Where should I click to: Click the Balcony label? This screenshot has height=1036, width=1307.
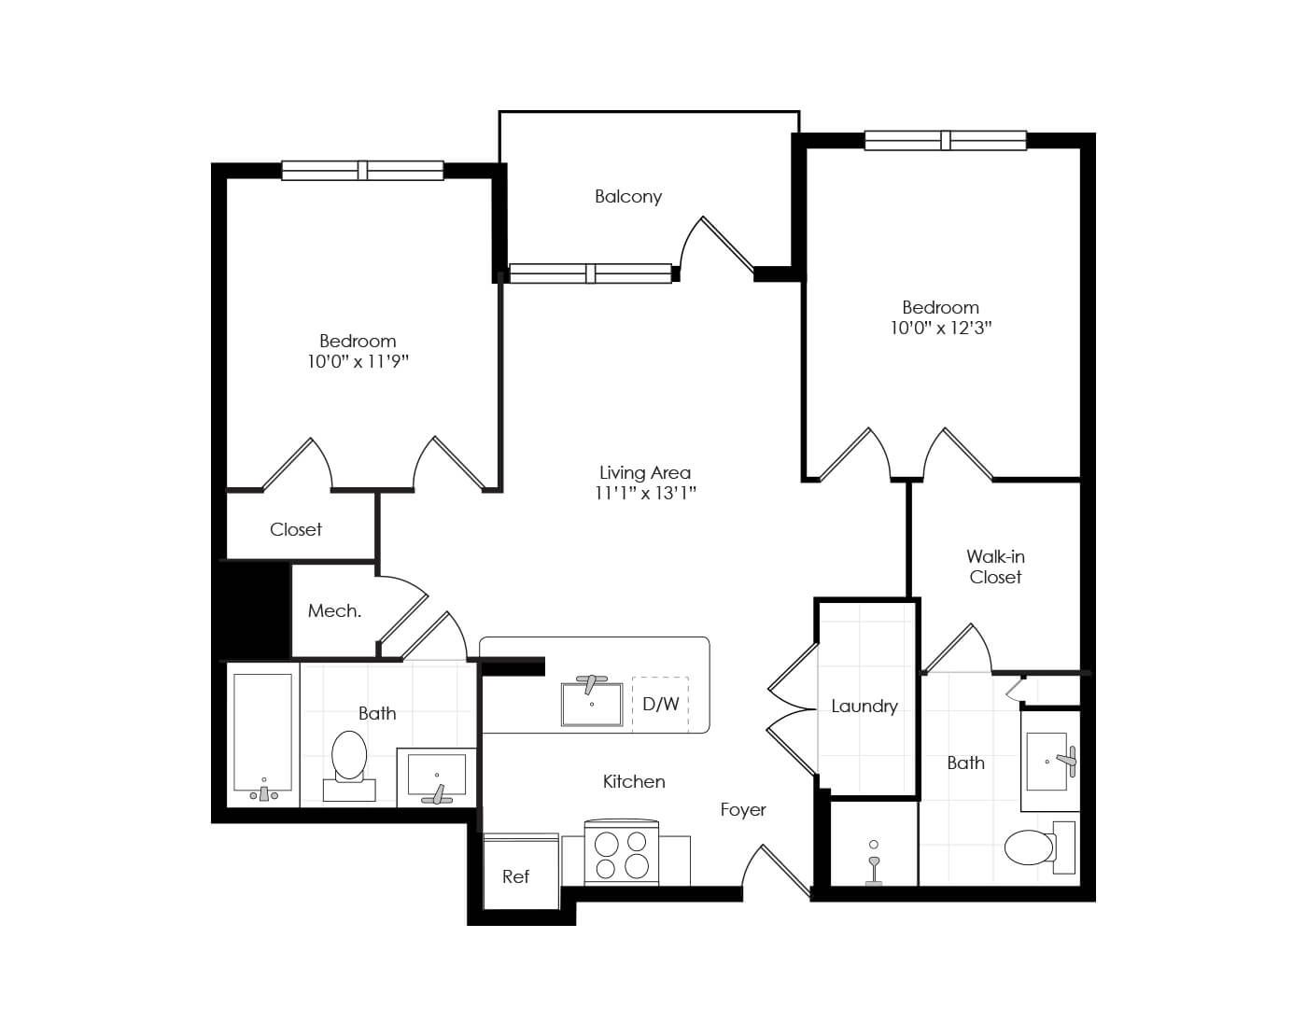[628, 196]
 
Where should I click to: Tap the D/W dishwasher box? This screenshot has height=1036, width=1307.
[660, 704]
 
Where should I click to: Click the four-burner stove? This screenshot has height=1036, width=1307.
[622, 854]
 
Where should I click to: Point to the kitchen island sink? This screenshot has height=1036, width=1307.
[591, 704]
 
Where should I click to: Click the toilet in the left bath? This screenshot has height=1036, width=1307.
[349, 761]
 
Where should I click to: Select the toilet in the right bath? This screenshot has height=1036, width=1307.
[1034, 847]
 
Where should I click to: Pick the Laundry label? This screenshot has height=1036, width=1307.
[864, 707]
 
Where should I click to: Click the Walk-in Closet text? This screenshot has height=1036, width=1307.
[995, 567]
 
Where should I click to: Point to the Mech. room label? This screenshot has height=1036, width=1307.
[334, 611]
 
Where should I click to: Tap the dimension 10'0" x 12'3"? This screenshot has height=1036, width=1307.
[940, 328]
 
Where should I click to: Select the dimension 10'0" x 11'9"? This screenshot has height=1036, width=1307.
[358, 361]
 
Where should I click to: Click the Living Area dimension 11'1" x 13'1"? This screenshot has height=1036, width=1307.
[645, 493]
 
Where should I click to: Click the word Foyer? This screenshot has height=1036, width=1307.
[743, 809]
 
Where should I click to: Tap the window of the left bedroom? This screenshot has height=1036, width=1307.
[362, 170]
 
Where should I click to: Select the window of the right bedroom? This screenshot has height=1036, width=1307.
[945, 141]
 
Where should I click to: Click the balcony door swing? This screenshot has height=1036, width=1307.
[713, 247]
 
